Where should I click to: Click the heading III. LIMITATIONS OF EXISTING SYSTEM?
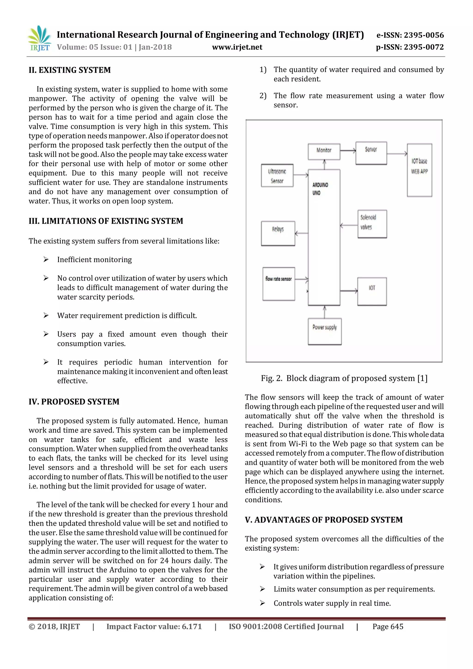tap(106, 221)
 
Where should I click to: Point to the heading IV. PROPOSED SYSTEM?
tap(74, 401)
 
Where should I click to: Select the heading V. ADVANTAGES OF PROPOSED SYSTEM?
tap(324, 520)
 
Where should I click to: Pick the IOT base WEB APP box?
tap(419, 170)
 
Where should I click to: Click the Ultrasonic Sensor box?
tap(277, 175)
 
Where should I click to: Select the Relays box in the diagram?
tap(278, 233)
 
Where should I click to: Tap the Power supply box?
tap(324, 331)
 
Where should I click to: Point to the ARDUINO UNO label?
tap(320, 189)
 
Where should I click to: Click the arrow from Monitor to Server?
tap(348, 151)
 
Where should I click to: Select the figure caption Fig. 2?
tap(344, 378)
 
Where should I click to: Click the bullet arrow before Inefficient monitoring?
tap(46, 259)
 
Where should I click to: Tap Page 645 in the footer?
tap(388, 626)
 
